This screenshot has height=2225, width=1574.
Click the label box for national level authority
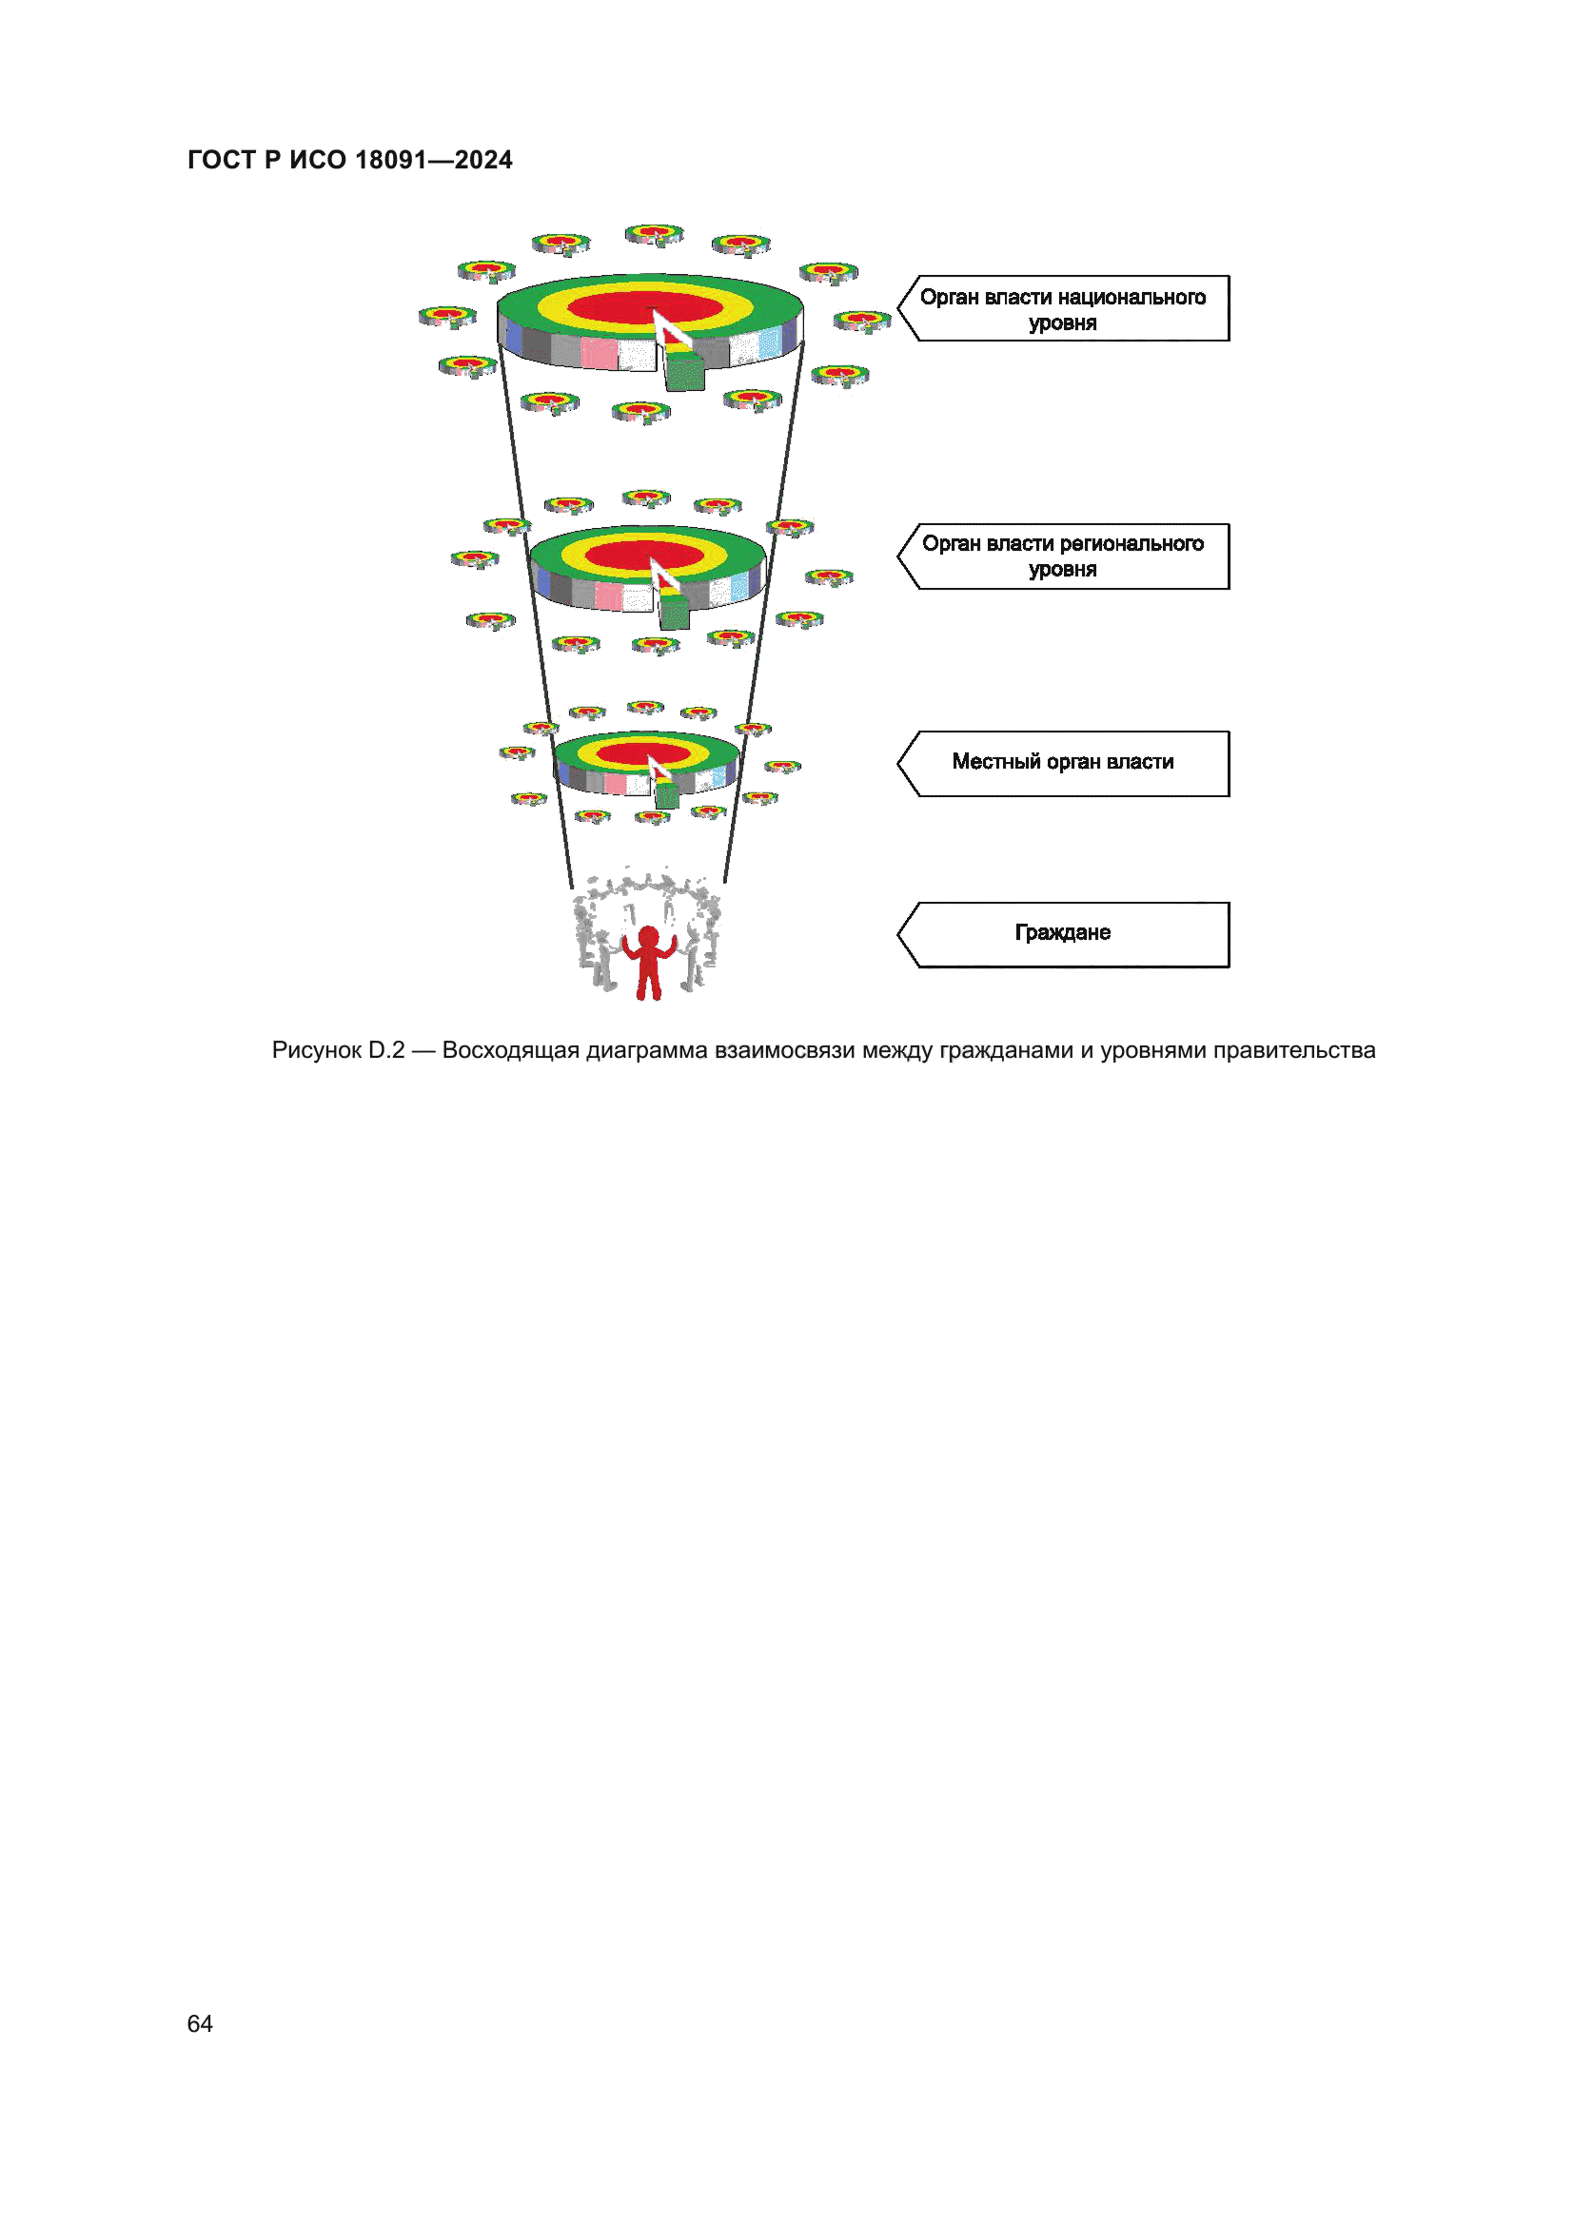pyautogui.click(x=1063, y=309)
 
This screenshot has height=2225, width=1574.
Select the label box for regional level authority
pyautogui.click(x=1063, y=556)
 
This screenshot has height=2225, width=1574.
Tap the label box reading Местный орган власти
pyautogui.click(x=1063, y=764)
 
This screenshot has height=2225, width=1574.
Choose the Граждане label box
pyautogui.click(x=1063, y=934)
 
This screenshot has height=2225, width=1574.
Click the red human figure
pyautogui.click(x=648, y=961)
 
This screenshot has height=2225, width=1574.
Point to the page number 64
pyautogui.click(x=200, y=2023)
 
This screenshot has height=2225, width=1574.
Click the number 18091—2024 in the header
pyautogui.click(x=433, y=160)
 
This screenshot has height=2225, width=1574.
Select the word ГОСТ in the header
pyautogui.click(x=221, y=160)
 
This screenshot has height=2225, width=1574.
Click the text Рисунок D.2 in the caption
pyautogui.click(x=337, y=1050)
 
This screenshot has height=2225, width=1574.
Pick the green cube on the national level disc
pyautogui.click(x=684, y=373)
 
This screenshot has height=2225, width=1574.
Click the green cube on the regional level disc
pyautogui.click(x=674, y=613)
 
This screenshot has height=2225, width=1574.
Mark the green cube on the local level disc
pyautogui.click(x=667, y=795)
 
